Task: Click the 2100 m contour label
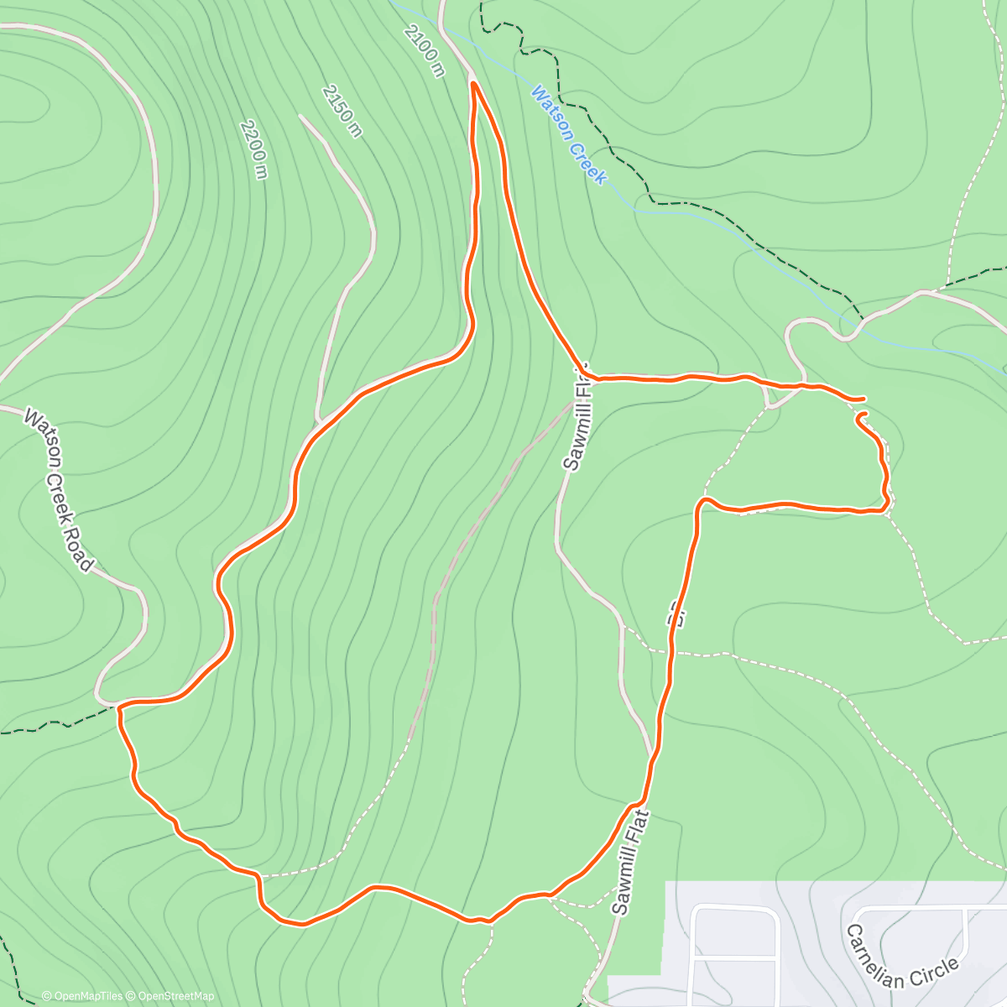point(423,50)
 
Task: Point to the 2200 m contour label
point(253,149)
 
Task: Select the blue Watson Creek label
point(567,134)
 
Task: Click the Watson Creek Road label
point(56,489)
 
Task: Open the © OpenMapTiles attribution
point(82,996)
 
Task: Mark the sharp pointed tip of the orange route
point(474,83)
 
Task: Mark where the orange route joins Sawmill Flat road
point(583,372)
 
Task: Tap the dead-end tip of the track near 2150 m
point(300,116)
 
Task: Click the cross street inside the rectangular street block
point(735,956)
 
